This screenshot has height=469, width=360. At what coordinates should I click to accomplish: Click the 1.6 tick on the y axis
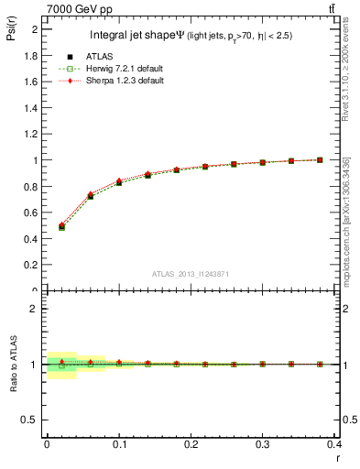click(29, 82)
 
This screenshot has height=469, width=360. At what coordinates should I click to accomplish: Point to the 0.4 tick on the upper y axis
click(29, 239)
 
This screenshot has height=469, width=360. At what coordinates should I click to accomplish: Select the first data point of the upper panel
click(61, 225)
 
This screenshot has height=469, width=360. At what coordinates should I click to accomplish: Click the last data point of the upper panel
click(320, 159)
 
